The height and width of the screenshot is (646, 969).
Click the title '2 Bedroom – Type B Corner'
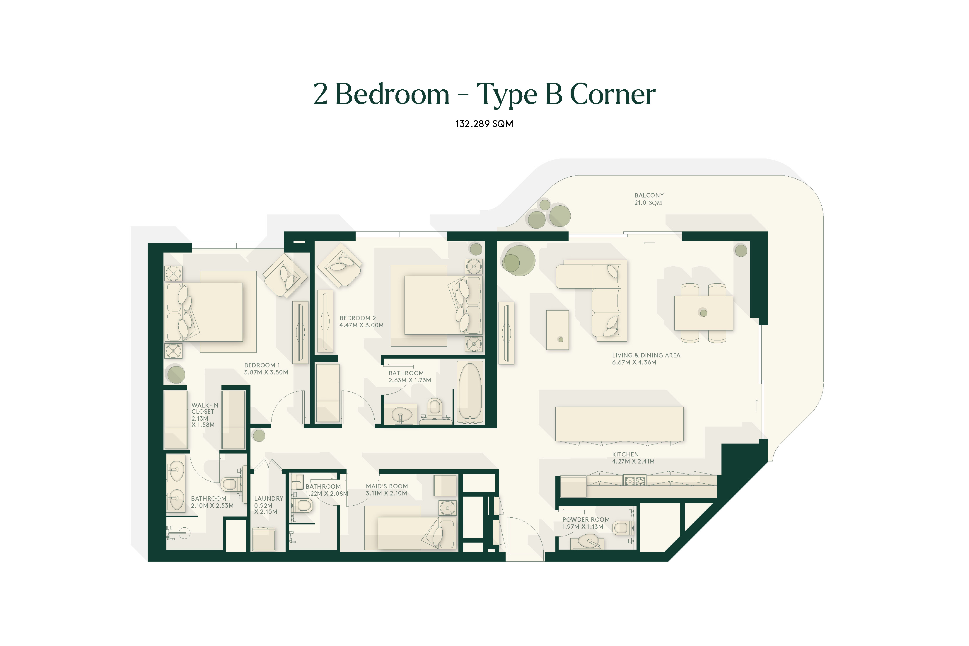(484, 94)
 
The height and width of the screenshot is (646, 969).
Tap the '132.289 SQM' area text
(484, 124)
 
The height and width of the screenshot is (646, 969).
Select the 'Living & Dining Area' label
(646, 358)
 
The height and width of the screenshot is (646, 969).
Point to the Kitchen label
(633, 458)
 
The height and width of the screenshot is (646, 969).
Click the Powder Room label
(586, 523)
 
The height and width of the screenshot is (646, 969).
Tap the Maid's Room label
(386, 490)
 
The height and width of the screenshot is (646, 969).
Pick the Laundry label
(269, 505)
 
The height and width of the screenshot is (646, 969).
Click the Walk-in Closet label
(205, 415)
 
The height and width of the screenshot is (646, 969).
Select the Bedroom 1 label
(266, 368)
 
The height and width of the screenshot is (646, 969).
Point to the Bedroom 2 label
(361, 321)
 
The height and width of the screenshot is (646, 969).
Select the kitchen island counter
(619, 424)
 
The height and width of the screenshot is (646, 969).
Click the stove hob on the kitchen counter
(634, 480)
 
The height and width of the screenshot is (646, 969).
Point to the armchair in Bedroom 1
(285, 275)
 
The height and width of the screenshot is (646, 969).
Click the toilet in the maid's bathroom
(303, 505)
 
